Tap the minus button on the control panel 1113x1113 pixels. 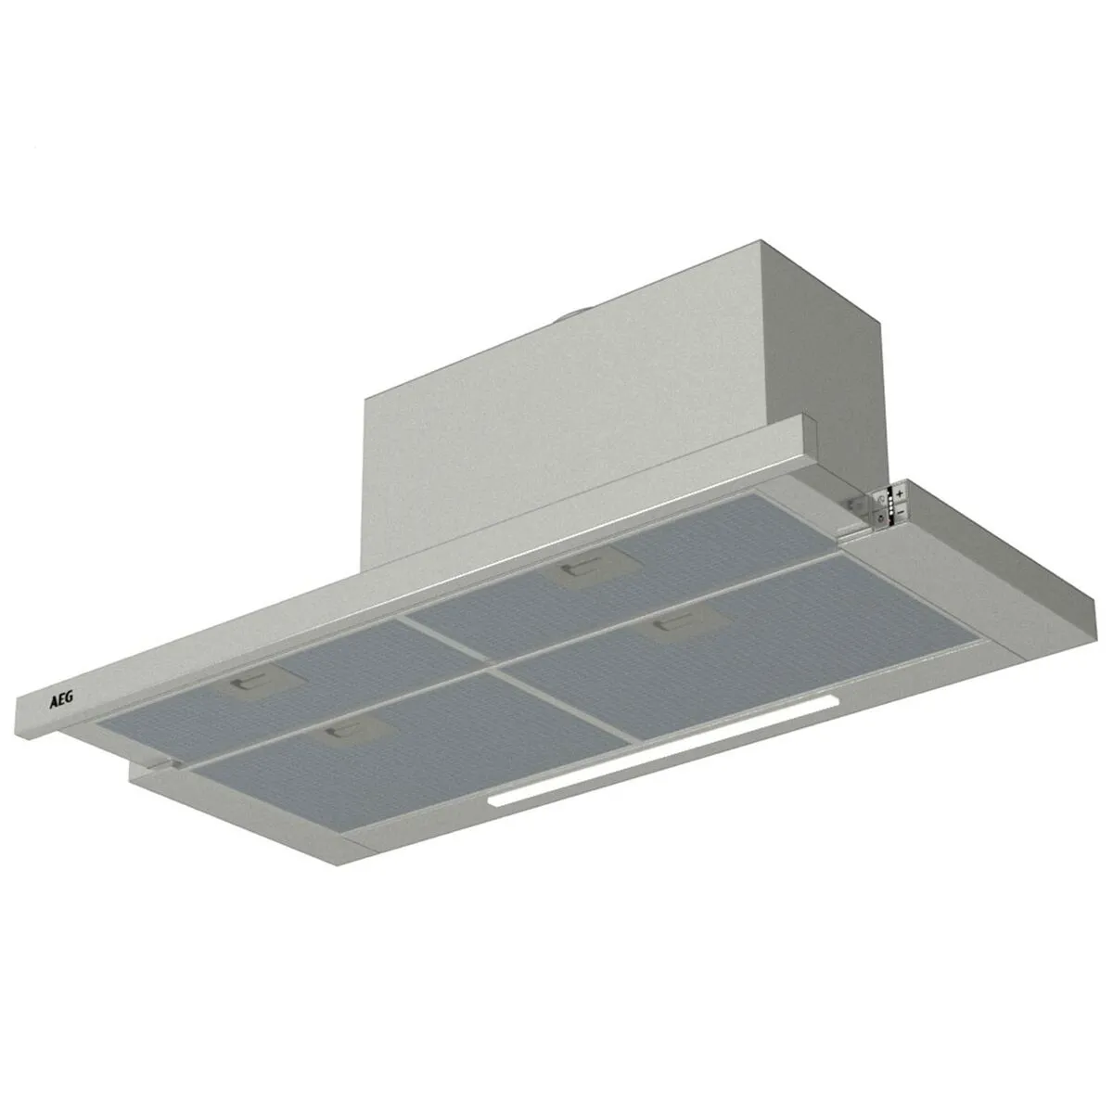click(900, 513)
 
